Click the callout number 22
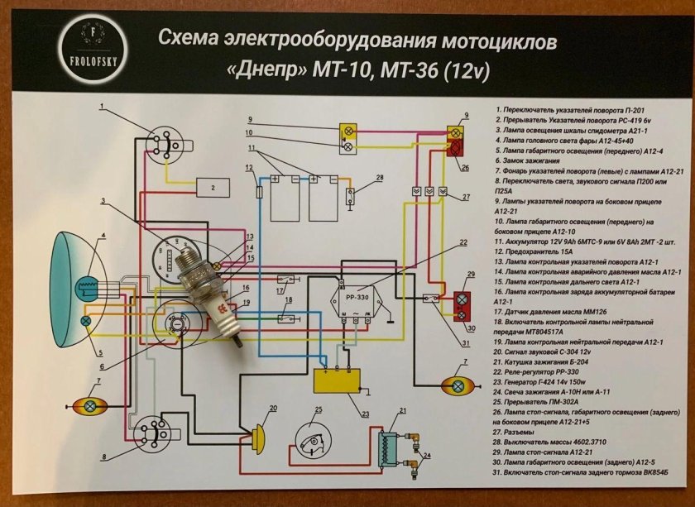point(464,242)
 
